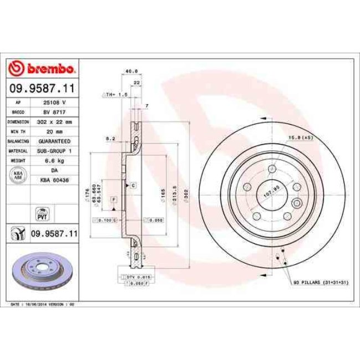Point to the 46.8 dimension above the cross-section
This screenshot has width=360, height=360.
pyautogui.click(x=131, y=71)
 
